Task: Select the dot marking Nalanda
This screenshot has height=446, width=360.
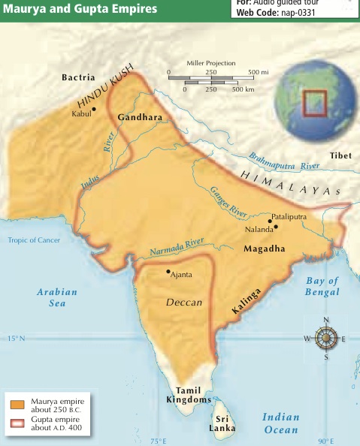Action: point(276,226)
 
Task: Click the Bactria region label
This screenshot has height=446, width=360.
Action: point(78,77)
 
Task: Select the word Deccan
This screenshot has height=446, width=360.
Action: point(184,302)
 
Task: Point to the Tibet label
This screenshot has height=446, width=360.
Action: point(340,155)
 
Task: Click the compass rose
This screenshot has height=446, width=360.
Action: point(325,339)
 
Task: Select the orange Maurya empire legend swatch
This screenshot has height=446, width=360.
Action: point(18,405)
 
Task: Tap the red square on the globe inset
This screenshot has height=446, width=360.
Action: point(313,103)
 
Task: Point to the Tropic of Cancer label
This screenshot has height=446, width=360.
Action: point(34,240)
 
